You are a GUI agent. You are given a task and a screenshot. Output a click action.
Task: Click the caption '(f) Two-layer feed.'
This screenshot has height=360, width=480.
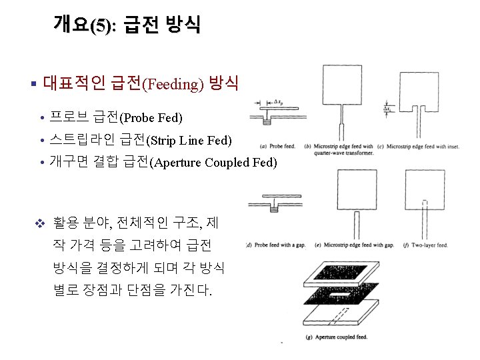(x=430, y=245)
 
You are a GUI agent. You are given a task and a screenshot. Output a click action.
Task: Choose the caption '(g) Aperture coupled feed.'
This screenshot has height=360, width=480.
(x=337, y=337)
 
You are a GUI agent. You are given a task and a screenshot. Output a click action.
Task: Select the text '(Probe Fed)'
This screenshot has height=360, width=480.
(x=151, y=118)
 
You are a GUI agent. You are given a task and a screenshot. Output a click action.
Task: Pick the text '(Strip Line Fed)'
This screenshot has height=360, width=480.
(x=189, y=141)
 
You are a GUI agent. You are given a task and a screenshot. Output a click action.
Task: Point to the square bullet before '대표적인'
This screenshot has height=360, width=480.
(x=33, y=84)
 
